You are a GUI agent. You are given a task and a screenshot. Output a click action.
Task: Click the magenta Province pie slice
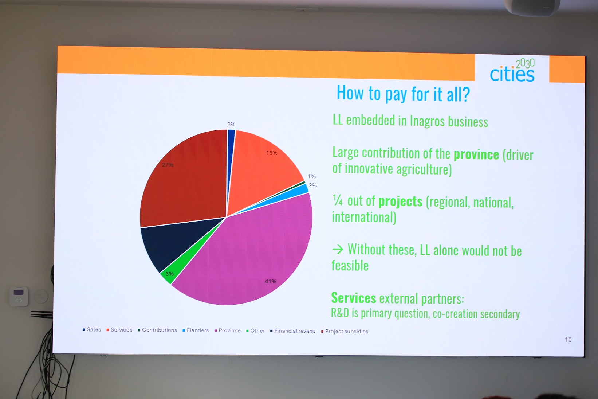click(248, 254)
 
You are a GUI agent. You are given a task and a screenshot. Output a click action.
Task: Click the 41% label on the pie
click(271, 281)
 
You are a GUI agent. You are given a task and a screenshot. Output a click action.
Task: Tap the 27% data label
click(168, 165)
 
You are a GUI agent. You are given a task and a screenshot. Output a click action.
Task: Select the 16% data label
click(271, 153)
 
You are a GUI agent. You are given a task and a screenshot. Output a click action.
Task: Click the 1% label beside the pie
click(311, 176)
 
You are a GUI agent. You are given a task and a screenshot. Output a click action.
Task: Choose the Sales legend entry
click(92, 329)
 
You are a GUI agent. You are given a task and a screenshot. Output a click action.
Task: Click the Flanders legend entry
click(196, 330)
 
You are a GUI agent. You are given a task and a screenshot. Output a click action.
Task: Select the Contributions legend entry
click(157, 330)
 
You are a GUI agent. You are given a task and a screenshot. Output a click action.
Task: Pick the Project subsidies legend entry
click(345, 332)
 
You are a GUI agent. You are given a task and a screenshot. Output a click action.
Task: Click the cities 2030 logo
click(512, 71)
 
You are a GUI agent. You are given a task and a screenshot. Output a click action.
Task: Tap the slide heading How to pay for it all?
click(403, 94)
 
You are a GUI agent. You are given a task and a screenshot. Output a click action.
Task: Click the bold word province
click(476, 154)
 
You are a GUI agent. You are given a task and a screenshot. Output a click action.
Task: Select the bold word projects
click(401, 202)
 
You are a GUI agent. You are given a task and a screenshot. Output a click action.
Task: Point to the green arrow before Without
click(338, 250)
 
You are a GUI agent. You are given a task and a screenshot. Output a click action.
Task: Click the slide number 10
click(568, 340)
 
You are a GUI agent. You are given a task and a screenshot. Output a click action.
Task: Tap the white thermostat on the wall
click(19, 297)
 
